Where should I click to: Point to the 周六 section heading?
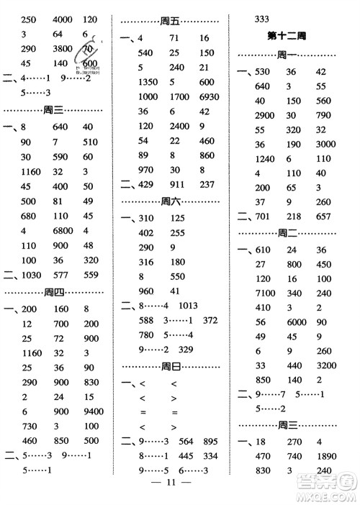[171, 201]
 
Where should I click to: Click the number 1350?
[148, 82]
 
